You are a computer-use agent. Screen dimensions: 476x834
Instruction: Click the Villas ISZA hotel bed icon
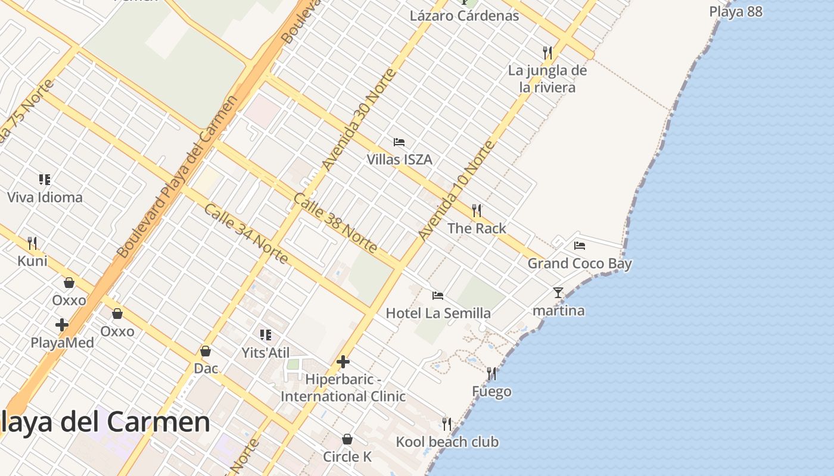coord(399,142)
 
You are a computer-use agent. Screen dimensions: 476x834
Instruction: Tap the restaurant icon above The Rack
coord(477,211)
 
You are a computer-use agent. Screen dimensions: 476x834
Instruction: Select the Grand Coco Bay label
coord(580,263)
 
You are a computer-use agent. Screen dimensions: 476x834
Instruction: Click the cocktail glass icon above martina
coord(558,293)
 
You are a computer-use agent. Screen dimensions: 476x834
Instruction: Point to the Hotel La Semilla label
coord(438,313)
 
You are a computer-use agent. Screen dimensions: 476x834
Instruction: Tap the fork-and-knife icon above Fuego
coord(491,374)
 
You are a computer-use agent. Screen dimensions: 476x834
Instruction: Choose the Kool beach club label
coord(447,442)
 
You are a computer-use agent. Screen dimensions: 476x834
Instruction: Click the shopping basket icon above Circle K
coord(347,439)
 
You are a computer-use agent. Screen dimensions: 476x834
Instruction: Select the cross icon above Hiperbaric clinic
coord(343,361)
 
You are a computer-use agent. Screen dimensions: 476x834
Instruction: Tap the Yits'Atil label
coord(266,352)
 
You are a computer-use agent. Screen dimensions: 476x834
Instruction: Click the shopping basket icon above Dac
coord(206,351)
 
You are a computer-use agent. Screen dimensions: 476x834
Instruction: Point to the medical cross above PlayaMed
coord(62,325)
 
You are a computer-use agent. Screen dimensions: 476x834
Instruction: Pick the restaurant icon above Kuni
coord(32,243)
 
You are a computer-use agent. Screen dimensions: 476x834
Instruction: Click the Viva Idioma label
coord(45,197)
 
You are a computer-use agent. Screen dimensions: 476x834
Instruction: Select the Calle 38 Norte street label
coord(335,223)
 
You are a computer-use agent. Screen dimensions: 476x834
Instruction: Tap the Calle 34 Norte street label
coord(246,234)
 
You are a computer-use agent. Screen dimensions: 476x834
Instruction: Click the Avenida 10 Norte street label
coord(456,190)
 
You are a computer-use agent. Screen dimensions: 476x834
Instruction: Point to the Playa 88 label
coord(736,11)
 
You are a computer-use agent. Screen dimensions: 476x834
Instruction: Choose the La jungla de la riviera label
coord(547,79)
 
